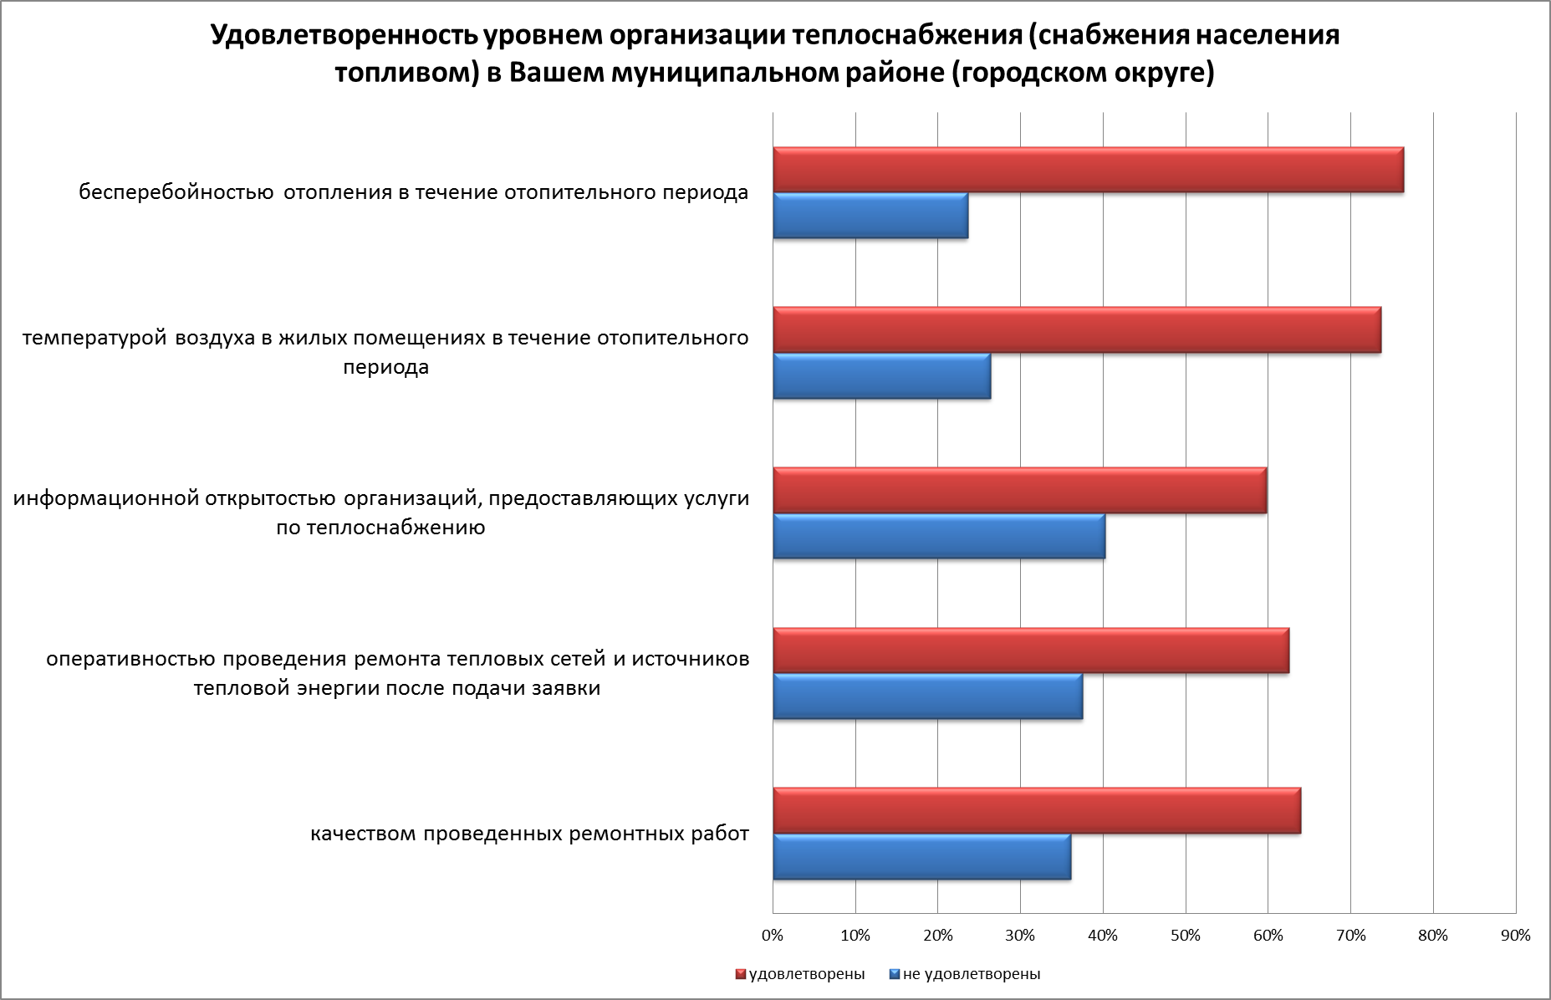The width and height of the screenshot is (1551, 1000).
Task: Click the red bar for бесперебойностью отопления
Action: point(1087,171)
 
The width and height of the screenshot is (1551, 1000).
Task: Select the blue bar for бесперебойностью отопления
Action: point(870,216)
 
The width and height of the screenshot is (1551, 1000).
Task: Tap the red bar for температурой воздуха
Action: point(1076,330)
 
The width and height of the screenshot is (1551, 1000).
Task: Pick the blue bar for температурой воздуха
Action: point(881,376)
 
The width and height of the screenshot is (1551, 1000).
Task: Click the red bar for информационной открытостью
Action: point(1019,491)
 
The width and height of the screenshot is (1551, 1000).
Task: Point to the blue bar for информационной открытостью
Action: point(938,536)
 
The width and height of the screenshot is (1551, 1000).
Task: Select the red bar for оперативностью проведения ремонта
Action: point(1030,651)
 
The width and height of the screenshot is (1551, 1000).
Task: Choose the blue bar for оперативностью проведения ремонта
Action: point(927,696)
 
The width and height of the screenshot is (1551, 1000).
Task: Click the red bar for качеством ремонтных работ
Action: point(1036,811)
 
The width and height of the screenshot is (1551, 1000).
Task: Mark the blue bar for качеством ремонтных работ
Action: point(921,857)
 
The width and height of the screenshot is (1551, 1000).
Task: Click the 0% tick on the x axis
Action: point(773,936)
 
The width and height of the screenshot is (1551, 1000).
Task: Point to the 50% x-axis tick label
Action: point(1185,936)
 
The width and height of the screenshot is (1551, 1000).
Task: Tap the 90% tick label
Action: point(1515,936)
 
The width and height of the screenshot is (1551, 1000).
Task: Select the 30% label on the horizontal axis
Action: point(1020,936)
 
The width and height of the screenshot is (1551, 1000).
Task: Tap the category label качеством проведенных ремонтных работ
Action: point(529,834)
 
